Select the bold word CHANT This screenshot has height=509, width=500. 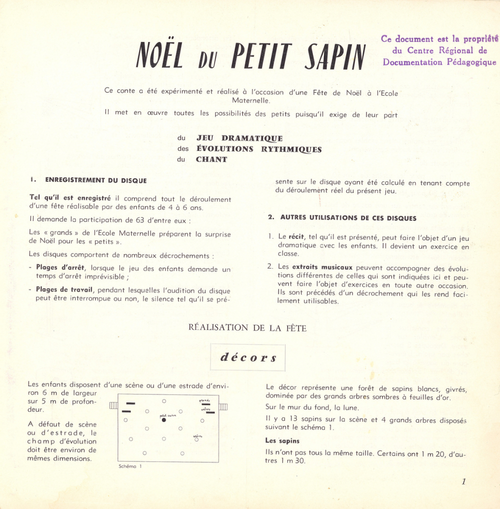tap(211, 159)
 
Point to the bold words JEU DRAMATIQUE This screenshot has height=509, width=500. tap(239, 138)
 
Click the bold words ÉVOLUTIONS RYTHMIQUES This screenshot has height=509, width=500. tap(258, 149)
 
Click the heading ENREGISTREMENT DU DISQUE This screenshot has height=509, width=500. tap(96, 180)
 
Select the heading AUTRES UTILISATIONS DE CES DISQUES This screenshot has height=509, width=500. tap(348, 218)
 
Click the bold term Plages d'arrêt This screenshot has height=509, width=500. tap(60, 268)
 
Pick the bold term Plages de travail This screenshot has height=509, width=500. tap(65, 290)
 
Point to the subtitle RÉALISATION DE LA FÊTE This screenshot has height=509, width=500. tap(247, 328)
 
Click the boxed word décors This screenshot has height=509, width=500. tap(248, 358)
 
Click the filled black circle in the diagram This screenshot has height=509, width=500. tap(164, 420)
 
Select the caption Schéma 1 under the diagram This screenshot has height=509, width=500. tap(130, 466)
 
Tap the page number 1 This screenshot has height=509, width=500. tap(463, 481)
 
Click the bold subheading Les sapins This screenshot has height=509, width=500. tap(282, 441)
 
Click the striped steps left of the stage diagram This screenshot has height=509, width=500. tap(113, 405)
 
